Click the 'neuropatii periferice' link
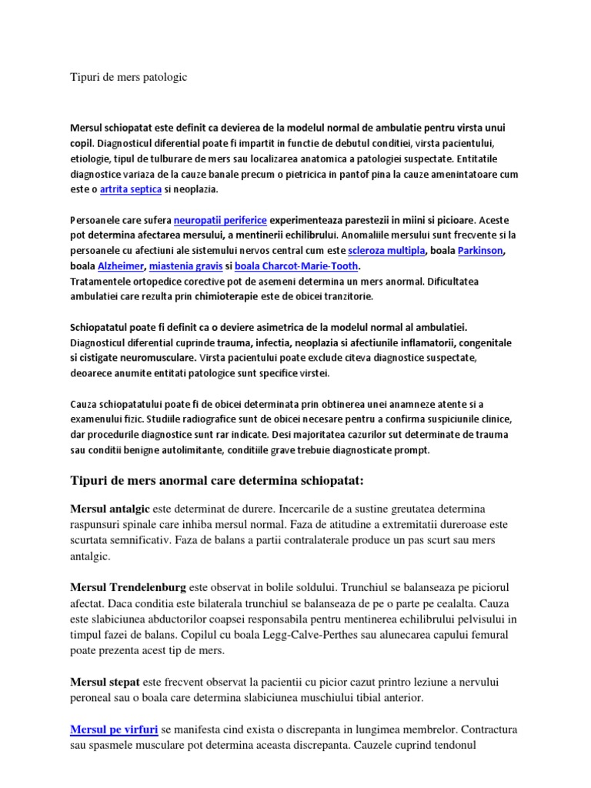[x=220, y=219]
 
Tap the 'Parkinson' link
[x=481, y=251]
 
